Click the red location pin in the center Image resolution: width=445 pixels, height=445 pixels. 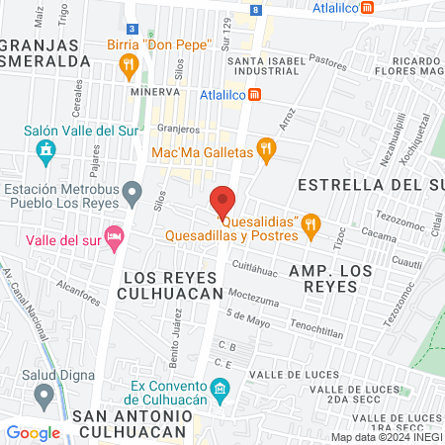coord(222,201)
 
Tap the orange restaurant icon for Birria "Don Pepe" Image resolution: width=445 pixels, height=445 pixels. coord(128,66)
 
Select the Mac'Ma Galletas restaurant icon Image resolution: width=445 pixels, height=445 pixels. coord(264,150)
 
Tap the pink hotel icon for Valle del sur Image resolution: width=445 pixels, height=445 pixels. coord(116,236)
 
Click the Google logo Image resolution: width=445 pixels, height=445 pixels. coord(34,432)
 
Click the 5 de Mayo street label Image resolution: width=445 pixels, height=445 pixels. coord(247,315)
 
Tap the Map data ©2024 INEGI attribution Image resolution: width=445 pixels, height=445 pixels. coord(386,437)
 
